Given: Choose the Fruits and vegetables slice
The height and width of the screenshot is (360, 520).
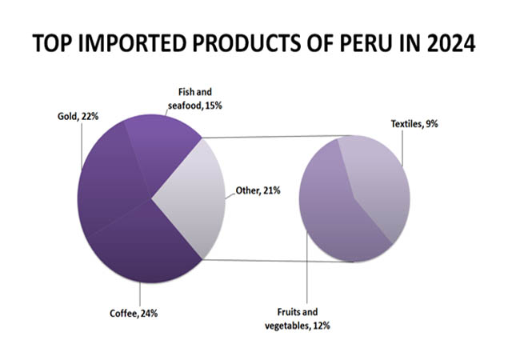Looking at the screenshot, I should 336,216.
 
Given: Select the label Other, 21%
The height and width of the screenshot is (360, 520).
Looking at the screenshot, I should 257,190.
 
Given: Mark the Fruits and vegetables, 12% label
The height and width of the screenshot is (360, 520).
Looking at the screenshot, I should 297,318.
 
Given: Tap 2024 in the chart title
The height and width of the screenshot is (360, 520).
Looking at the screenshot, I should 448,45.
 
